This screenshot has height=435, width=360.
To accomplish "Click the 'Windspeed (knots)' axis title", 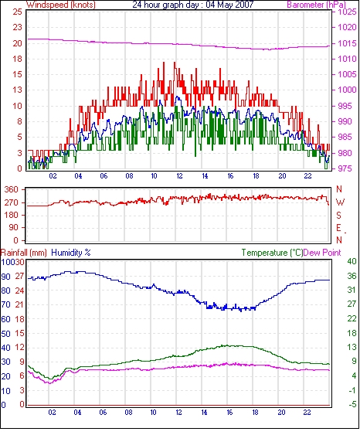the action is pyautogui.click(x=61, y=5).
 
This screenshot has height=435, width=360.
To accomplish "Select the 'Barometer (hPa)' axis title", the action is pyautogui.click(x=317, y=5).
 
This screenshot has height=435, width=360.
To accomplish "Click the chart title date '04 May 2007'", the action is pyautogui.click(x=229, y=5).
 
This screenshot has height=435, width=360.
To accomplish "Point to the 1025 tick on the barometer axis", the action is pyautogui.click(x=347, y=12).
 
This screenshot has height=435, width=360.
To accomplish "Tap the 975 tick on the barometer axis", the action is pyautogui.click(x=345, y=168).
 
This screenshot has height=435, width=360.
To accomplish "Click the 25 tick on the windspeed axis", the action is pyautogui.click(x=17, y=12).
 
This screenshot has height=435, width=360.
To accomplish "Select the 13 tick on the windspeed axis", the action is pyautogui.click(x=17, y=90).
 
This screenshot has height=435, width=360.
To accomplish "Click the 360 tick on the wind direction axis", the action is pyautogui.click(x=11, y=190).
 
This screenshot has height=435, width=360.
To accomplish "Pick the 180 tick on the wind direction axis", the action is pyautogui.click(x=11, y=215).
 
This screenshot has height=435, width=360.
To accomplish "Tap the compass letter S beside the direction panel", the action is pyautogui.click(x=338, y=215).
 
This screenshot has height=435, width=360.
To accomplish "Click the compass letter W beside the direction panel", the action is pyautogui.click(x=340, y=202).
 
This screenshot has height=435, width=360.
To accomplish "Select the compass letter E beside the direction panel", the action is pyautogui.click(x=338, y=228).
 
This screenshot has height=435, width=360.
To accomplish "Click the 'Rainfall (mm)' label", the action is pyautogui.click(x=24, y=253).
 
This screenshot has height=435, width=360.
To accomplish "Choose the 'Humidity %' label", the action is pyautogui.click(x=71, y=253).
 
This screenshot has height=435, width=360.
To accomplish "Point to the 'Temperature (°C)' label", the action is pyautogui.click(x=272, y=253).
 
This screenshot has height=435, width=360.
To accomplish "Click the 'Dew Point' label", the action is pyautogui.click(x=322, y=253).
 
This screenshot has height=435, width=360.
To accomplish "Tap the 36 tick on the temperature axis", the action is pyautogui.click(x=352, y=276).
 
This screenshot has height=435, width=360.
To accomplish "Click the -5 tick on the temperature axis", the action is pyautogui.click(x=352, y=405).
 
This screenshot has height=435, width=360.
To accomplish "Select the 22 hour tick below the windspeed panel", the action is pyautogui.click(x=307, y=176).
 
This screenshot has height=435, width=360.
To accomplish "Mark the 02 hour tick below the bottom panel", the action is pyautogui.click(x=52, y=413).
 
